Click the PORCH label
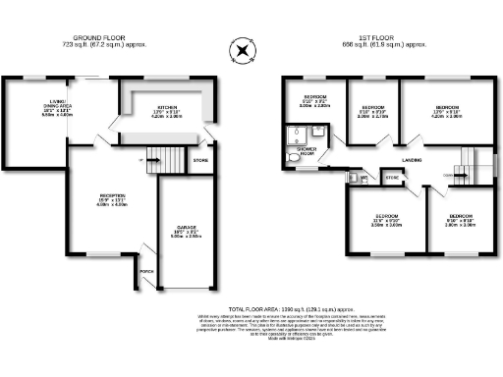[147, 271]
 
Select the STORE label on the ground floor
[200, 158]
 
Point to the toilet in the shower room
[293, 154]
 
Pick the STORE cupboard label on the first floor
[392, 178]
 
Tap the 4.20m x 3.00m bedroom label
[446, 112]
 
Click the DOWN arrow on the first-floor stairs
[462, 175]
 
